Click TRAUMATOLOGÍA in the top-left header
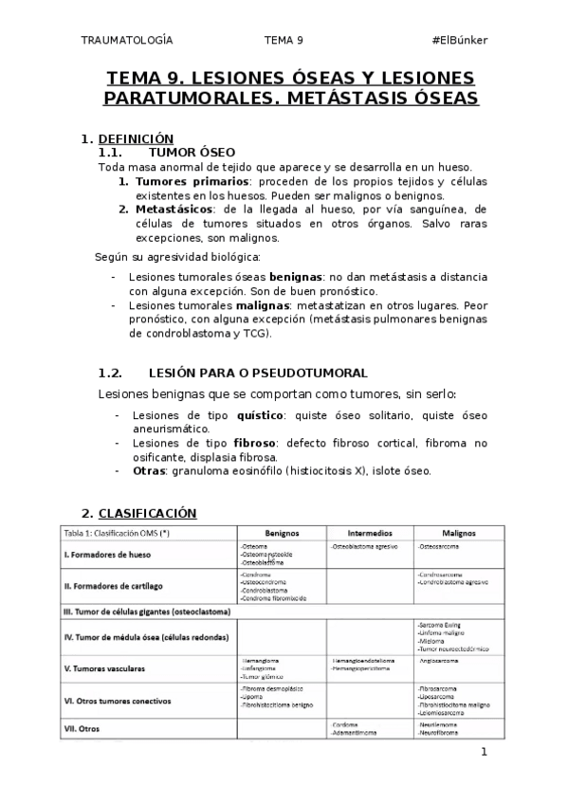pos(129,40)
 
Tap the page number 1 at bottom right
pos(484,753)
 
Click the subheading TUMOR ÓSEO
pos(192,152)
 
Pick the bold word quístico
pos(260,415)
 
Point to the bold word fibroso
pos(253,443)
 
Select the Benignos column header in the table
pos(282,533)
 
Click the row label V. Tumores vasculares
pos(104,667)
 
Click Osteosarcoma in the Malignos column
pos(442,547)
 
